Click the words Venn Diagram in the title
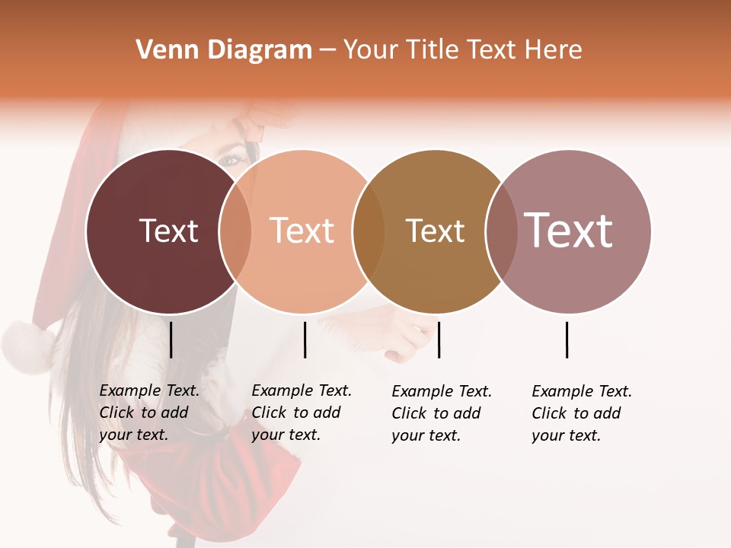[224, 50]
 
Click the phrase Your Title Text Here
[462, 50]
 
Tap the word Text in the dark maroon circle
[168, 231]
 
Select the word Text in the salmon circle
[302, 231]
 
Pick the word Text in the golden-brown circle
[435, 231]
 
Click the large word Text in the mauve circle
[569, 230]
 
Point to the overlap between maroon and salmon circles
[235, 231]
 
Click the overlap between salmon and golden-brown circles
[369, 231]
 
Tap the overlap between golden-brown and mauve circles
[501, 231]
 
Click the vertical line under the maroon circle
[171, 339]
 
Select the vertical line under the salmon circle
[305, 339]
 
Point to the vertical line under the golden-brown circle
[439, 339]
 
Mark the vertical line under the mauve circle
[567, 339]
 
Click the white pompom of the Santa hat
[27, 346]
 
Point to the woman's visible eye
[231, 161]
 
